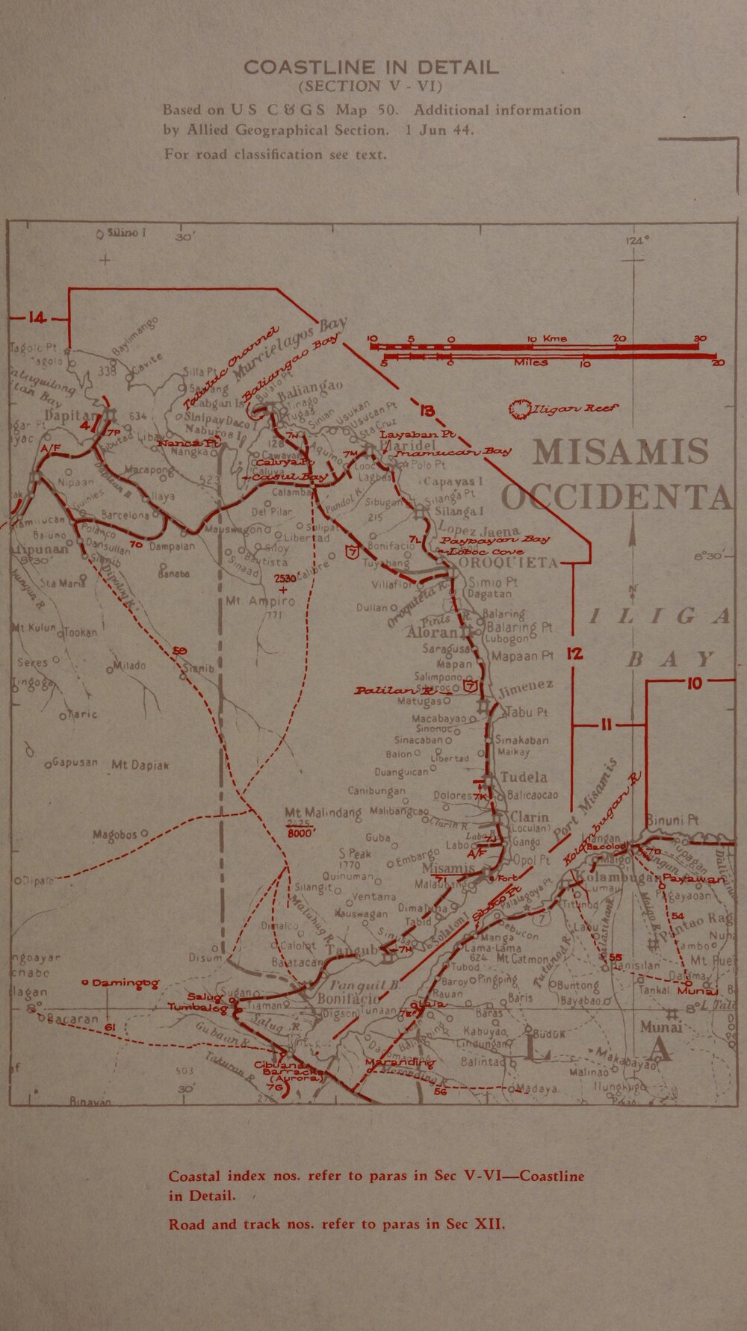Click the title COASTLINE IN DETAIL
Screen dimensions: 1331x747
pyautogui.click(x=371, y=67)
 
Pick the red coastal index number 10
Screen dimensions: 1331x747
pyautogui.click(x=695, y=683)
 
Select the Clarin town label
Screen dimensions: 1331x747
pyautogui.click(x=529, y=816)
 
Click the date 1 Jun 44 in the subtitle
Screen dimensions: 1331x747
pyautogui.click(x=439, y=129)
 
